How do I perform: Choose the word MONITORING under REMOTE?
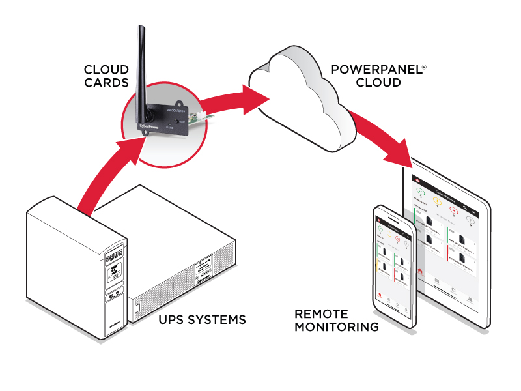tap(336, 327)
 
